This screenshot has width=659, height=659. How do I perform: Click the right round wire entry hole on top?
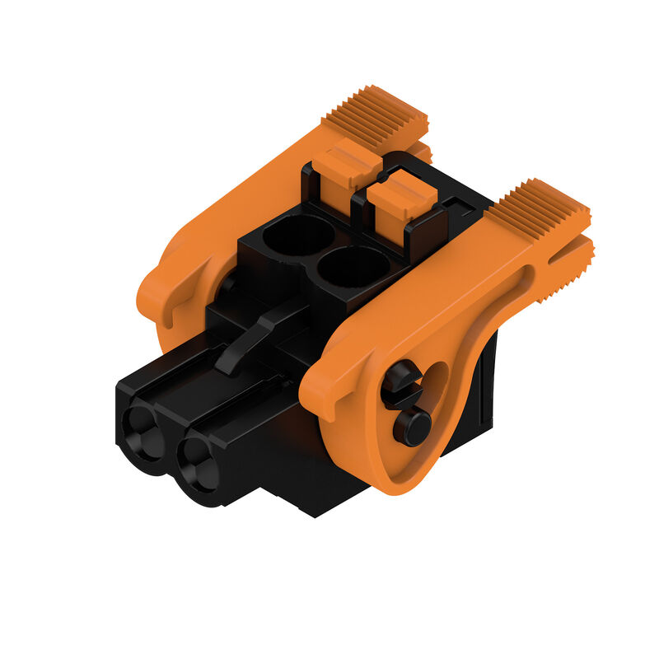tap(353, 267)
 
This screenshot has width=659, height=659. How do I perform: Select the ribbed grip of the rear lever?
tap(375, 115)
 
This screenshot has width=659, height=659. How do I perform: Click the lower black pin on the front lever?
tap(412, 426)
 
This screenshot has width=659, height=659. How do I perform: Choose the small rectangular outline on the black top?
tap(456, 203)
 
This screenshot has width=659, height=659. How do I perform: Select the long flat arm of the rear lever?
tap(247, 206)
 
